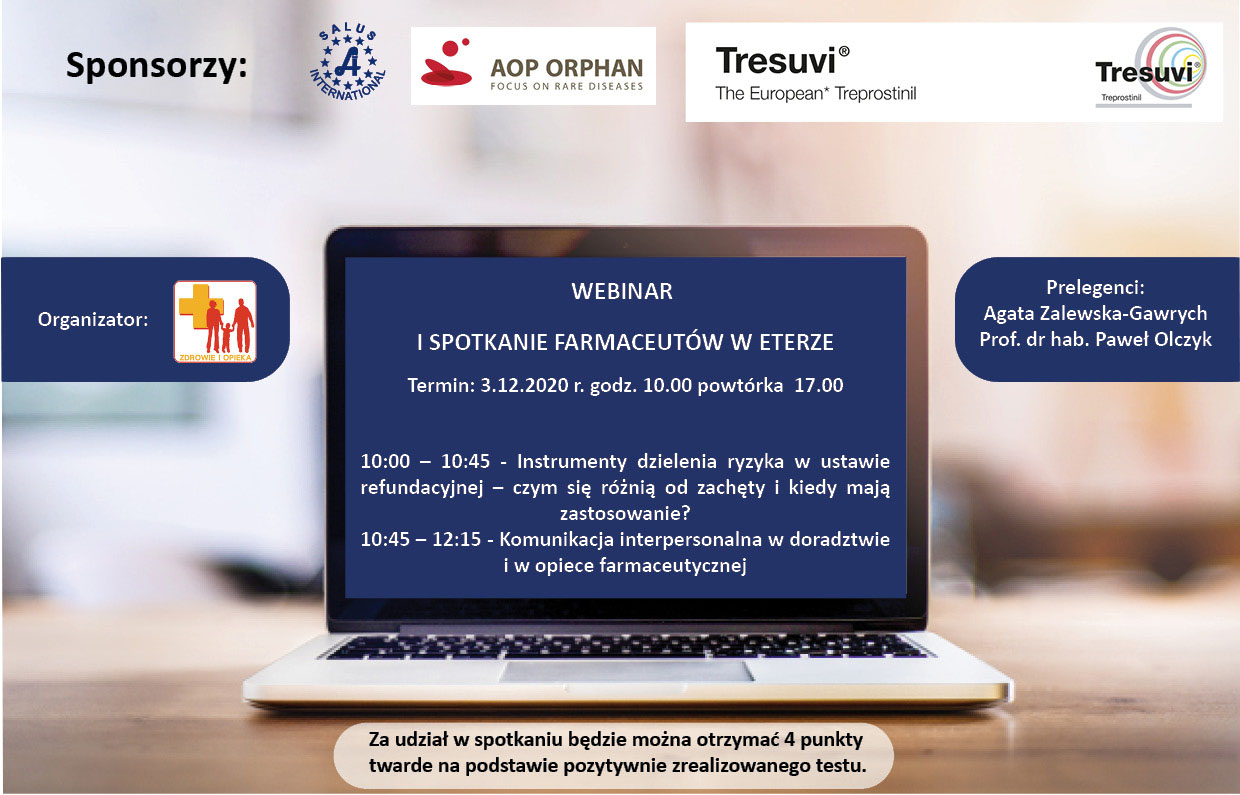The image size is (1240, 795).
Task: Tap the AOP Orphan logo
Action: click(533, 66)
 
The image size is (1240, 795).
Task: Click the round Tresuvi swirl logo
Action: click(1150, 68)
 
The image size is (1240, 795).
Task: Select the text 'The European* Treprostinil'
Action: click(815, 93)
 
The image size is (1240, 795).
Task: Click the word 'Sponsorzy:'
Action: click(157, 66)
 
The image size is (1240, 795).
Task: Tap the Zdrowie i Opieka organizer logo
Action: click(215, 322)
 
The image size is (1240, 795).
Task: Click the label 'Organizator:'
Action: click(93, 319)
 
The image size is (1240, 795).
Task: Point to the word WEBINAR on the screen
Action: click(622, 291)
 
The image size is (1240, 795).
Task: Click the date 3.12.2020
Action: click(524, 385)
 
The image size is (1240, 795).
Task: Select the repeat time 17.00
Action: click(819, 385)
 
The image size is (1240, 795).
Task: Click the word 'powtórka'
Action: click(740, 385)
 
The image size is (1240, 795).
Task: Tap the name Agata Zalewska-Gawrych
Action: click(1095, 314)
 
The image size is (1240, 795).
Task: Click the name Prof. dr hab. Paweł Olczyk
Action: click(1096, 339)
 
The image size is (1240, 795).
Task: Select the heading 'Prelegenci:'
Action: click(1096, 288)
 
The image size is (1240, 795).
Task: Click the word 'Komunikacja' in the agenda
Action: click(556, 539)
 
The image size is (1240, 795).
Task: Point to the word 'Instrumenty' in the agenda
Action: click(571, 461)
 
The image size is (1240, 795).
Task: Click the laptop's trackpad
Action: click(626, 671)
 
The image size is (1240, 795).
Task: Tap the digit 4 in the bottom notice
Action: click(789, 740)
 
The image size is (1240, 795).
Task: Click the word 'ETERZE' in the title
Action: click(797, 342)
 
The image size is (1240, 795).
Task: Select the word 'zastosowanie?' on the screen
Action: click(626, 513)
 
